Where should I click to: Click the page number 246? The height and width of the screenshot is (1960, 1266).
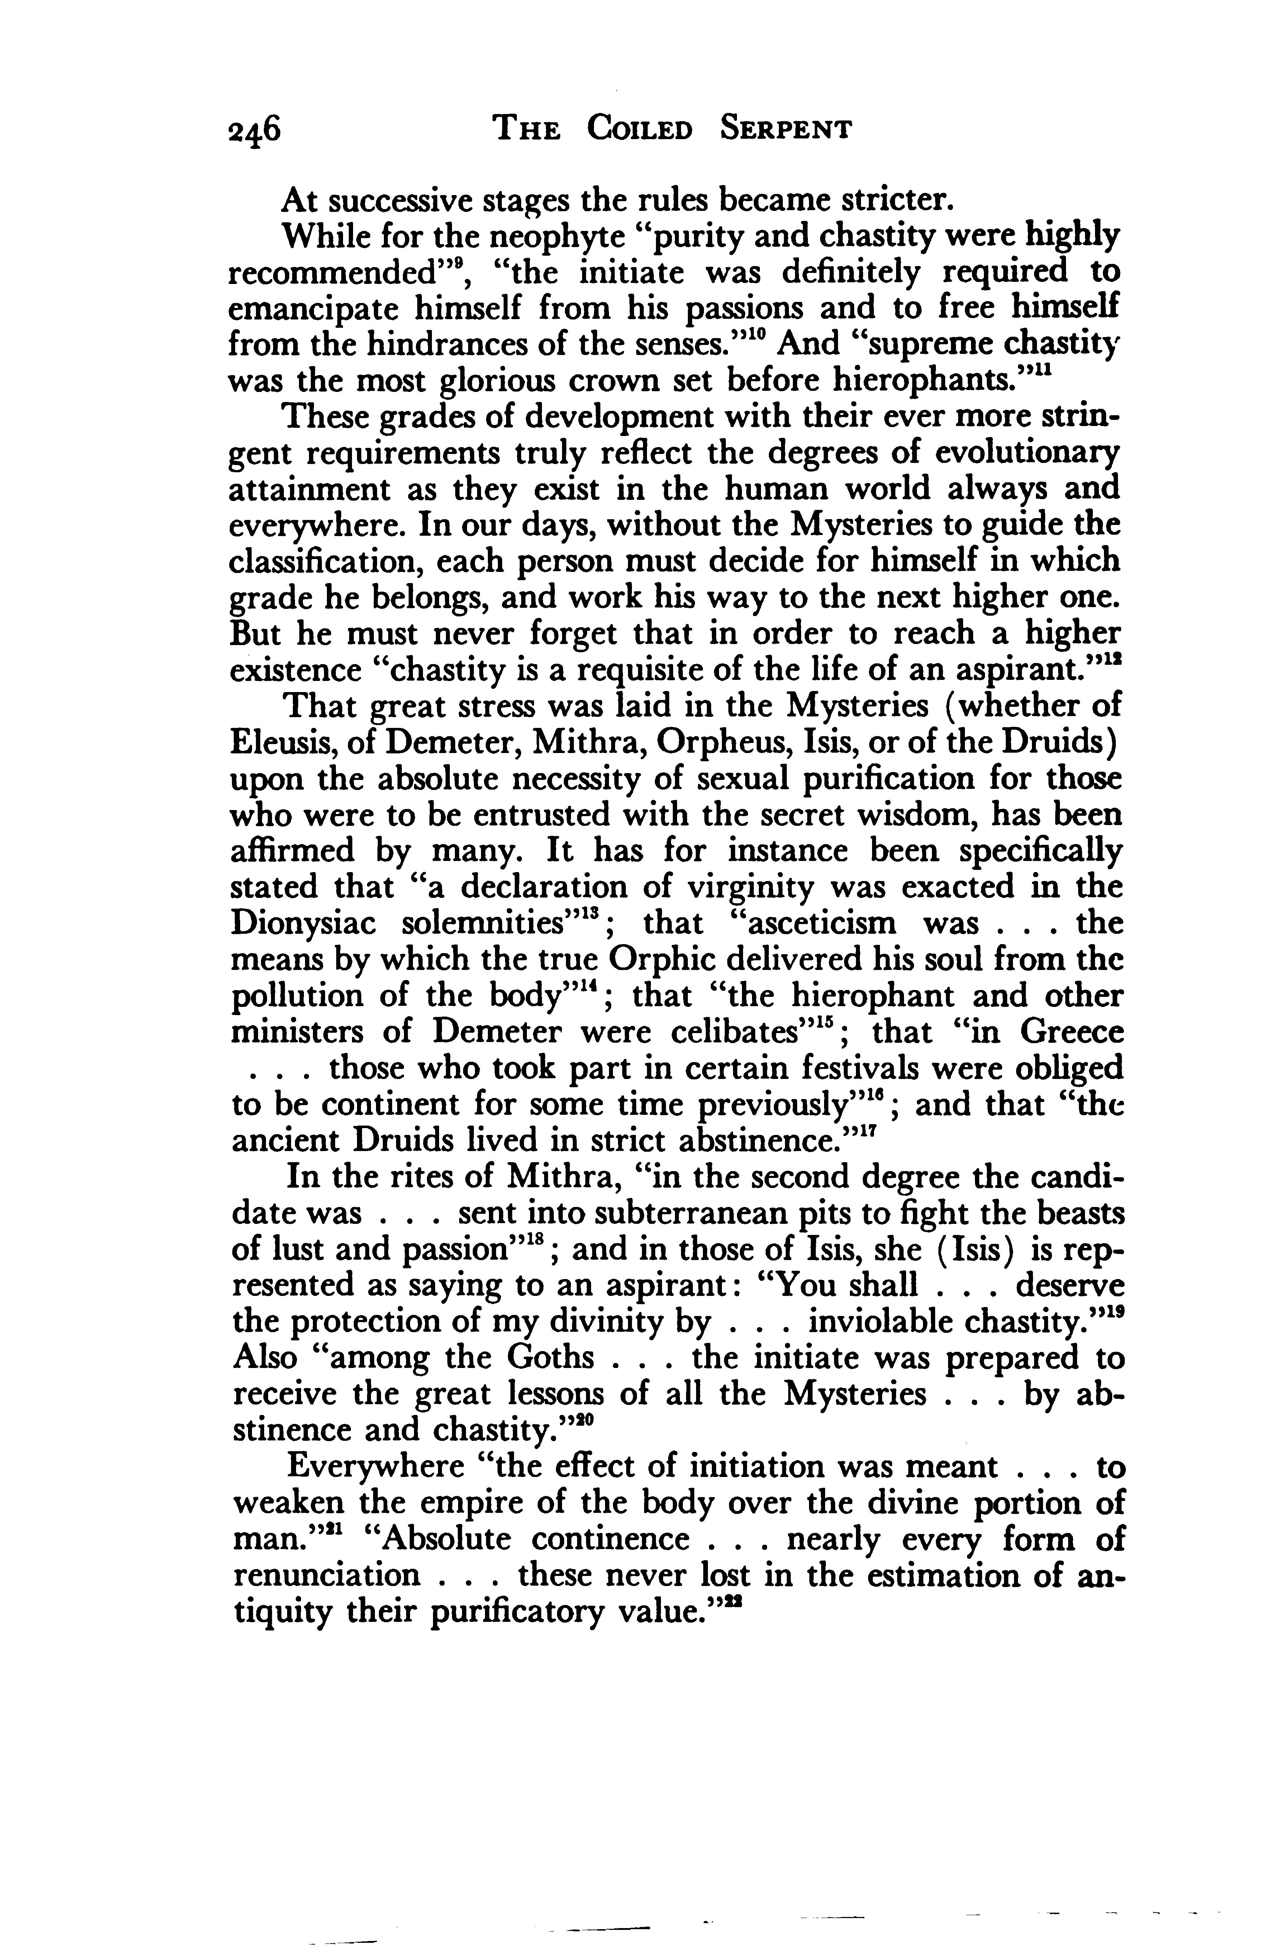tap(255, 132)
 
